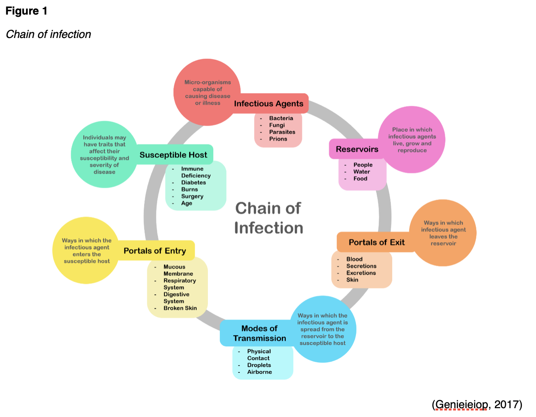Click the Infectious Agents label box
click(269, 104)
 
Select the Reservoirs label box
click(357, 149)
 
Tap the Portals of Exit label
click(376, 242)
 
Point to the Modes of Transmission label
click(259, 334)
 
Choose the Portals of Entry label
click(155, 251)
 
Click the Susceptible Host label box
click(173, 155)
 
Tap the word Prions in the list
click(278, 139)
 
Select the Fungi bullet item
click(277, 125)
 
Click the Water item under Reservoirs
click(361, 172)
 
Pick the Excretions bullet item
click(361, 273)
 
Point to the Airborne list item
click(260, 372)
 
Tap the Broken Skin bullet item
click(180, 308)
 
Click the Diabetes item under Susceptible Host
click(193, 182)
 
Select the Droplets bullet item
click(259, 365)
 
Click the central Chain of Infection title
click(268, 218)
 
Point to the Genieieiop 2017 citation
click(477, 404)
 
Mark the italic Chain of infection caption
click(48, 34)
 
